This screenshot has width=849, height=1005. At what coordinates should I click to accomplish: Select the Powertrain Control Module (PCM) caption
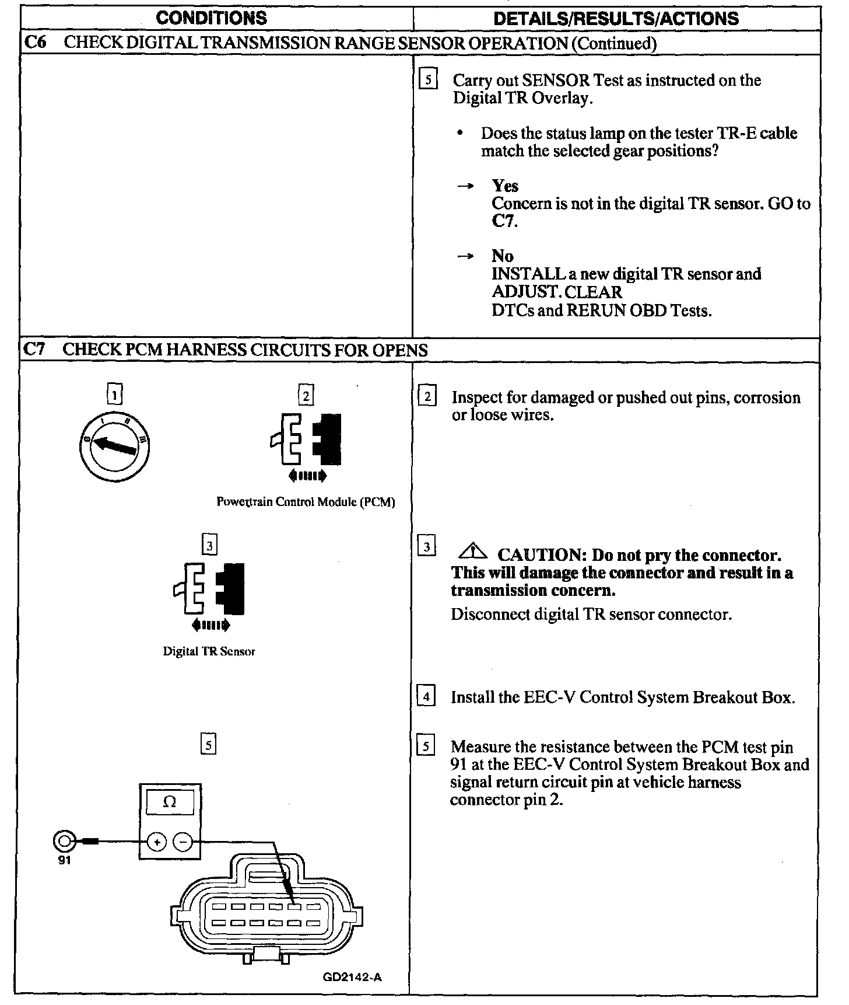pos(306,502)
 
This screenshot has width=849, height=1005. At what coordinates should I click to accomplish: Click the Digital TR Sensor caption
pos(209,651)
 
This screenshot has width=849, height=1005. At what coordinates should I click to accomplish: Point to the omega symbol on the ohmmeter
pos(169,802)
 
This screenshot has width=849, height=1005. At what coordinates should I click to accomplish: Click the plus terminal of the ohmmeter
pos(157,842)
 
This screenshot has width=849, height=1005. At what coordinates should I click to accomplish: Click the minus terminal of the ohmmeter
pos(183,842)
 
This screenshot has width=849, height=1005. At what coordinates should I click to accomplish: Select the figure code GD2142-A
pos(352,978)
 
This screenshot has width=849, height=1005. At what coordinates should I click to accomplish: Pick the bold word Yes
pos(505,186)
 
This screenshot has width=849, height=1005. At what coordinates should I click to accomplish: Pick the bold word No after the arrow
pos(502,256)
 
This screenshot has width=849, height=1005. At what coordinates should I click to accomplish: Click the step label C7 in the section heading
pos(34,350)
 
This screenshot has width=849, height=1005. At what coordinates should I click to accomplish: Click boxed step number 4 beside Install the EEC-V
pos(427,697)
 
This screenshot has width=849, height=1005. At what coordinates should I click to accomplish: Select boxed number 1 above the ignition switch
pos(115,396)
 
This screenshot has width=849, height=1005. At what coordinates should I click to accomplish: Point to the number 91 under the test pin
pos(64,860)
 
